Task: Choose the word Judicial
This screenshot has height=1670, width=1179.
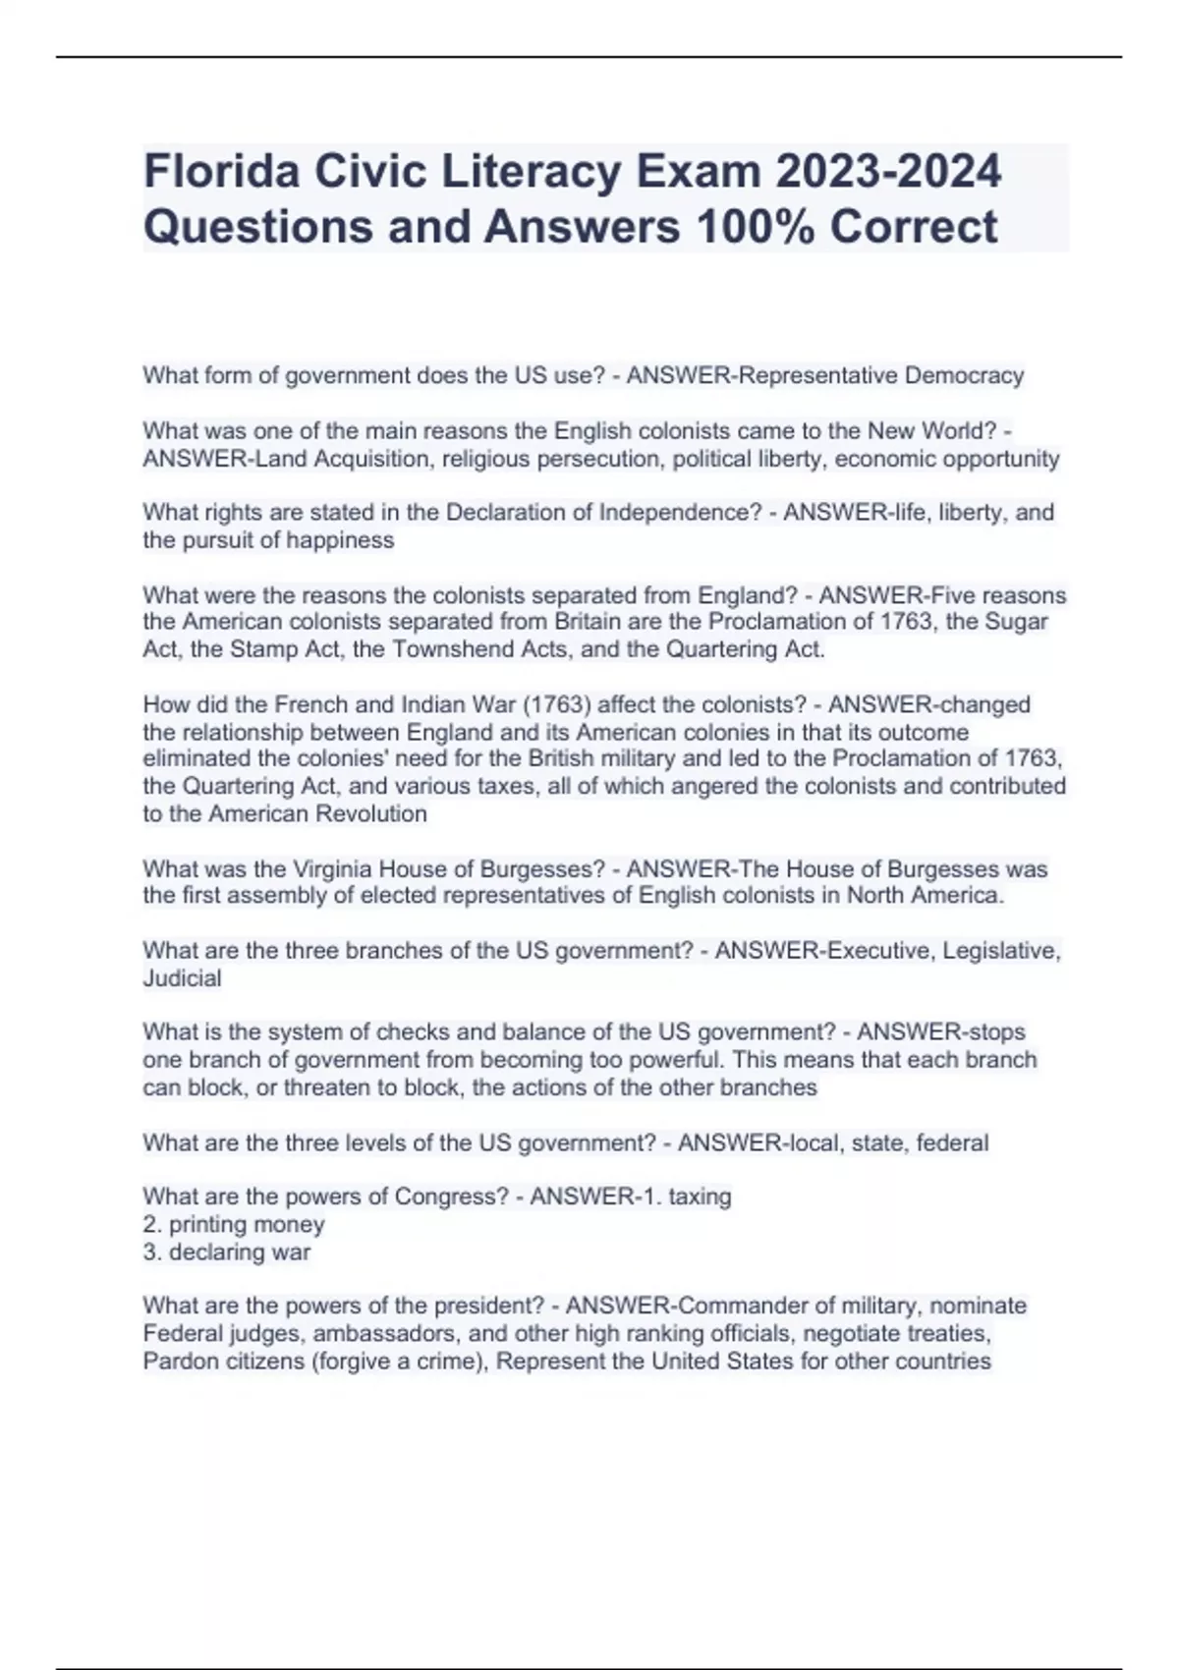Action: [x=182, y=978]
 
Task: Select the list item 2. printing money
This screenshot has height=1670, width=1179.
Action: [x=234, y=1224]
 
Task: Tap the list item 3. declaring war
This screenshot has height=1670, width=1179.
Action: [x=227, y=1252]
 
